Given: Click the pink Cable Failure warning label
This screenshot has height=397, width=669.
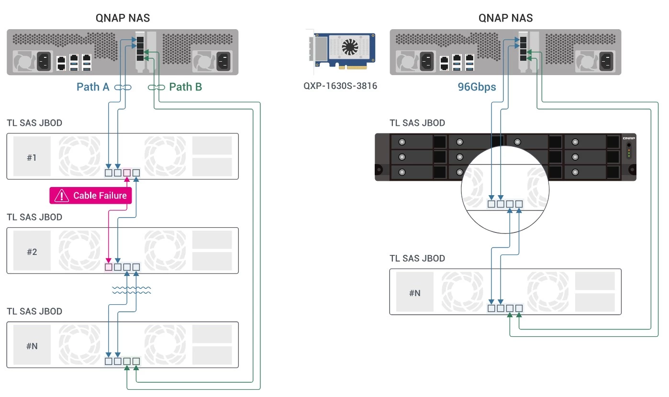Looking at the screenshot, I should pos(90,195).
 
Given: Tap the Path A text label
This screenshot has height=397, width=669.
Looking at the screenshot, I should pos(93,87).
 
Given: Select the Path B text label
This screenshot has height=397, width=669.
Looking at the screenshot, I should pos(186,87).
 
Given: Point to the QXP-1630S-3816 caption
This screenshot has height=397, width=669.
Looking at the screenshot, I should pos(340,86).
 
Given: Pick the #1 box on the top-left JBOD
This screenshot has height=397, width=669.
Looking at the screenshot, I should pos(32,157).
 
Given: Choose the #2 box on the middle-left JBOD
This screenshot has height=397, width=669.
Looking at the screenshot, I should pos(32,252).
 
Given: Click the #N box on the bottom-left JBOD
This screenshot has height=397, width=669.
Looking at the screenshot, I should pos(32,346).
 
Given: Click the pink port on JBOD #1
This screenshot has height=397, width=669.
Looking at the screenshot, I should pos(127,172).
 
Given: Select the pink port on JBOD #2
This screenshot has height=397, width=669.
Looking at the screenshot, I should pos(109,266).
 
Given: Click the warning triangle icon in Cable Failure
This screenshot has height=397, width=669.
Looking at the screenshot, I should pos(62,195).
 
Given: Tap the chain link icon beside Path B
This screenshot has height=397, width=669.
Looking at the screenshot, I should pos(156,87).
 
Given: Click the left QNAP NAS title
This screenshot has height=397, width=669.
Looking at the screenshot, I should pos(123,18).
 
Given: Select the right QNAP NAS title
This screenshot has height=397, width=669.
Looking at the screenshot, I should pos(505,18).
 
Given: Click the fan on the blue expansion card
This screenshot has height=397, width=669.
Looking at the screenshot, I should pos(350,47).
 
